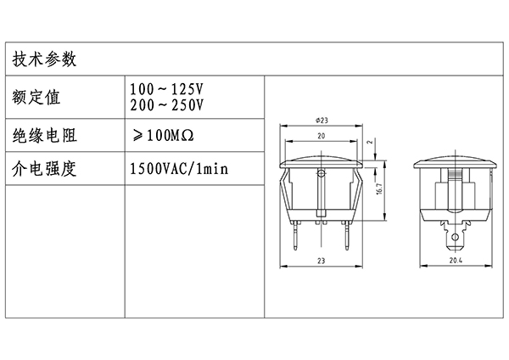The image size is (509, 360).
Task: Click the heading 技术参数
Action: point(44,59)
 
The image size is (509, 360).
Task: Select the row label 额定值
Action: point(36,97)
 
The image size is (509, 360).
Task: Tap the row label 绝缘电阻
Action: point(44,136)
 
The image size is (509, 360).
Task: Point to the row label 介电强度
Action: point(44,169)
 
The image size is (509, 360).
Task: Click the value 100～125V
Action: point(167,88)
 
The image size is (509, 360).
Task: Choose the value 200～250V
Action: point(167,105)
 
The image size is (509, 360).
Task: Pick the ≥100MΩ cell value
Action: point(163,136)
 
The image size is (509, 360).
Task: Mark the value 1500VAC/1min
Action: point(179,169)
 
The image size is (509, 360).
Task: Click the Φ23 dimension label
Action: point(322,121)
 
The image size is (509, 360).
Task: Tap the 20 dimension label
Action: point(321,136)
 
